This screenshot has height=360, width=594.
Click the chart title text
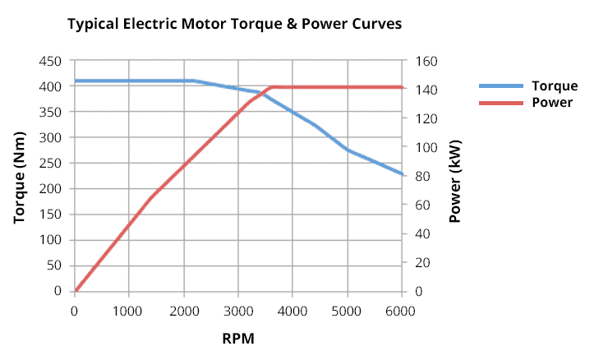pos(234,24)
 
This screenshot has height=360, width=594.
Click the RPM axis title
pos(238,338)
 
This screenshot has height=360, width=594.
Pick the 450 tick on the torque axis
pos(51,61)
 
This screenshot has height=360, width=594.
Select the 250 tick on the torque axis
pos(51,163)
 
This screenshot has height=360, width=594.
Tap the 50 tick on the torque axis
pos(54,265)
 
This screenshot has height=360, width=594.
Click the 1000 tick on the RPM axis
pos(128,310)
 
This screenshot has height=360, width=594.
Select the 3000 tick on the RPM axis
pos(237,310)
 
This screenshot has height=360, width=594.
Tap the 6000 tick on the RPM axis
pos(401,310)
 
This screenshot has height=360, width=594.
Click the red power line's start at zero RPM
pos(76,290)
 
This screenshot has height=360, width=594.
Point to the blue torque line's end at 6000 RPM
pos(402,174)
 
